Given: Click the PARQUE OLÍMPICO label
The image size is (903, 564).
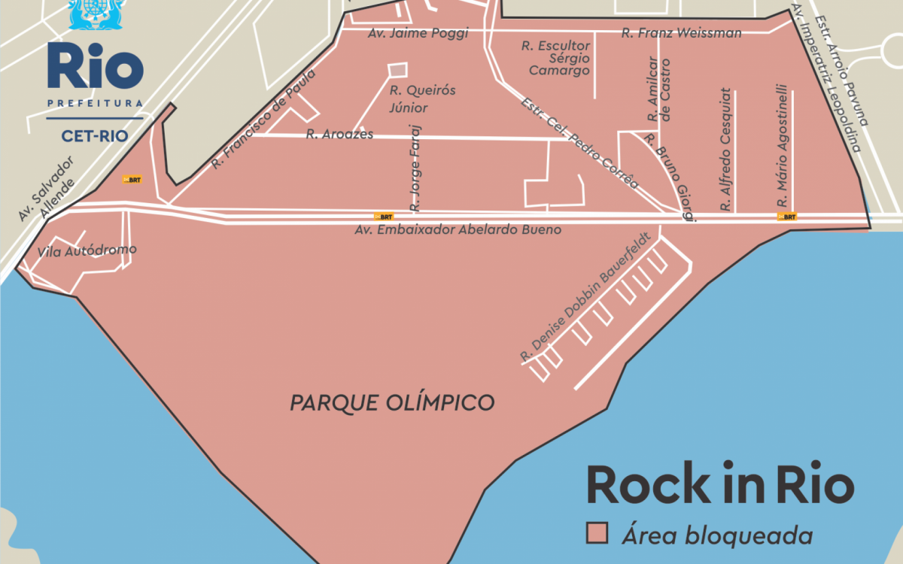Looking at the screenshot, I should pyautogui.click(x=392, y=403).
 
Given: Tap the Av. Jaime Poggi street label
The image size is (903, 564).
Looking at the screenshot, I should pyautogui.click(x=418, y=34).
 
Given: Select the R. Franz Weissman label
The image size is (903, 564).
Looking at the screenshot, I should pyautogui.click(x=682, y=33).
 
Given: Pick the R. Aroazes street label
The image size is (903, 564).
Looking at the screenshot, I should pyautogui.click(x=339, y=135).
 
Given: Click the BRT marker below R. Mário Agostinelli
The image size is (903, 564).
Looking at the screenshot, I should pyautogui.click(x=786, y=217).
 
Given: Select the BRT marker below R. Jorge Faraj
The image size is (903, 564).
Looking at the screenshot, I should pyautogui.click(x=384, y=217).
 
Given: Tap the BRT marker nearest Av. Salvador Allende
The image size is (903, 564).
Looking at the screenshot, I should pyautogui.click(x=132, y=180).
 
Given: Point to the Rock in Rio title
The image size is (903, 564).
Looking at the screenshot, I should pyautogui.click(x=720, y=485).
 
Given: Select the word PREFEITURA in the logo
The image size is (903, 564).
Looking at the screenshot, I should pyautogui.click(x=95, y=103).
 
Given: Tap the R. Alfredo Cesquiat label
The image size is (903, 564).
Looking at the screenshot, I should pyautogui.click(x=725, y=150).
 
